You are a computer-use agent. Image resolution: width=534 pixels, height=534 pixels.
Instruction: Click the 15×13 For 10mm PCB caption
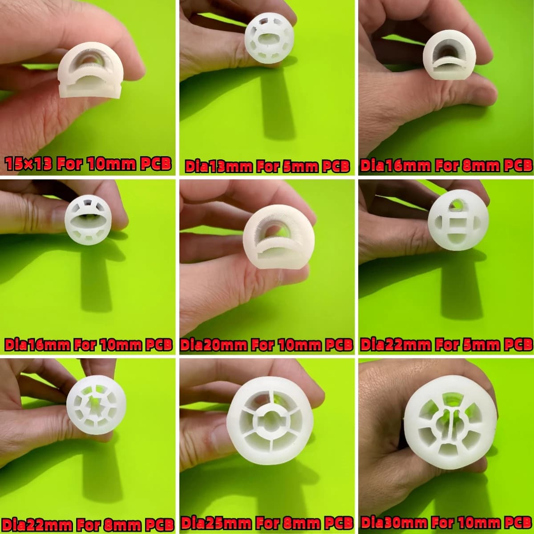pos(88,164)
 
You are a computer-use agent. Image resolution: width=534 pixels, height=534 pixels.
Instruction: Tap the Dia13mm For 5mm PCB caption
pos(267,166)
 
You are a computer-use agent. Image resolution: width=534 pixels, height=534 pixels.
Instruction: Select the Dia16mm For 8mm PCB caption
pos(446,166)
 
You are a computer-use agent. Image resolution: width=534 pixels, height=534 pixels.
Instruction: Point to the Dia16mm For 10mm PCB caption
pos(88,345)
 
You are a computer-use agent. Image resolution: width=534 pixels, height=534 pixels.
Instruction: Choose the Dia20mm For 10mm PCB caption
pos(267,345)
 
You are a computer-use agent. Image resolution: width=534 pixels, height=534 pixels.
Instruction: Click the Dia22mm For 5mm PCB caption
pos(446,345)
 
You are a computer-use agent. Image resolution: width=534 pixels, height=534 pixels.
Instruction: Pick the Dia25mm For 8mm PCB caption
pos(267,522)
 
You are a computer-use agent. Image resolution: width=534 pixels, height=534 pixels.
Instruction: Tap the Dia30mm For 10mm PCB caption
pos(446,522)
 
